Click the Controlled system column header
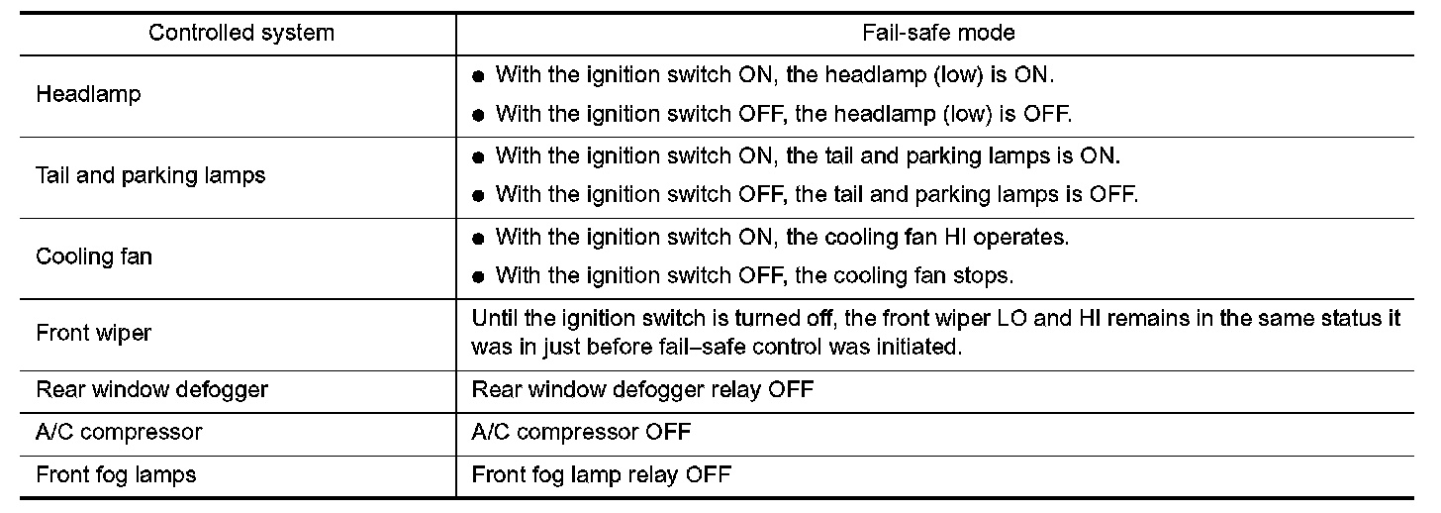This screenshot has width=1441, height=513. pyautogui.click(x=241, y=33)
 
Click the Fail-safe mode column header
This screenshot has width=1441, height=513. pyautogui.click(x=938, y=33)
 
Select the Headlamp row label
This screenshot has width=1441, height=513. pyautogui.click(x=88, y=95)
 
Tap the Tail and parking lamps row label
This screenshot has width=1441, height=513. pyautogui.click(x=150, y=175)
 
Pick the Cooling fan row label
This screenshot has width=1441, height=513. pyautogui.click(x=94, y=256)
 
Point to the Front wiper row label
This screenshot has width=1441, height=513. pyautogui.click(x=93, y=333)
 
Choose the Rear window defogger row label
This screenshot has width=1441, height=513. pyautogui.click(x=151, y=389)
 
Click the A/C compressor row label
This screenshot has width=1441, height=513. pyautogui.click(x=119, y=432)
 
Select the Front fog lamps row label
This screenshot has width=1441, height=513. pyautogui.click(x=116, y=474)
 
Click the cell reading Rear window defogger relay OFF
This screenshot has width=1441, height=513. pyautogui.click(x=642, y=389)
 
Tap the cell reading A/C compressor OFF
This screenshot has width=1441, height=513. pyautogui.click(x=581, y=432)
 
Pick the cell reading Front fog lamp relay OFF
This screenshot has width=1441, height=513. pyautogui.click(x=601, y=474)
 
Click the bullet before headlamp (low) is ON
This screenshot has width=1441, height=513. pyautogui.click(x=478, y=75)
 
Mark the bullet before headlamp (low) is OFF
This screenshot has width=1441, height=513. pyautogui.click(x=478, y=115)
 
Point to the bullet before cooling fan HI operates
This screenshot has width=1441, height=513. pyautogui.click(x=478, y=239)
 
